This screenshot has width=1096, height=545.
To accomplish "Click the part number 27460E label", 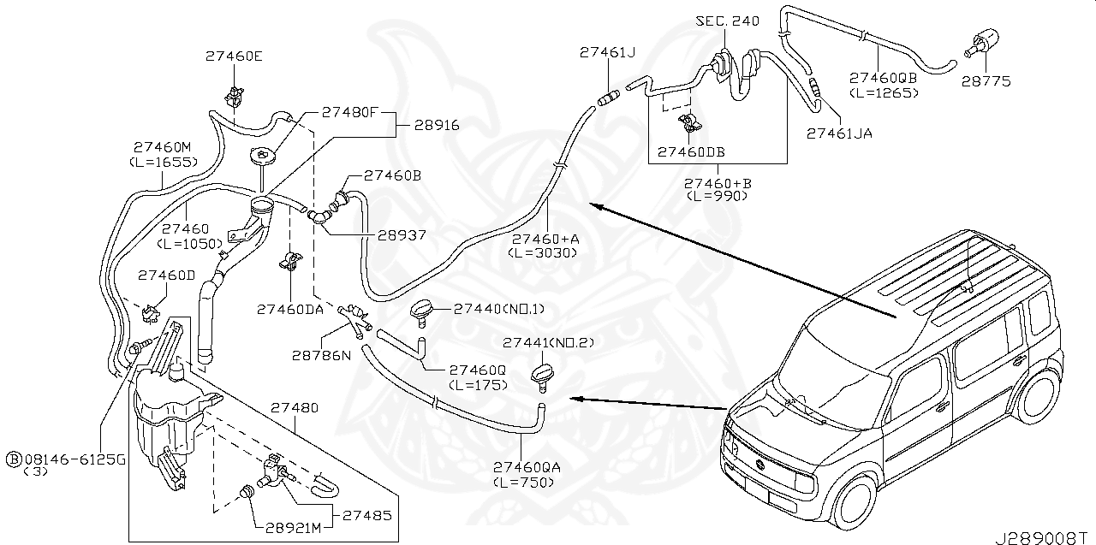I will [234, 56].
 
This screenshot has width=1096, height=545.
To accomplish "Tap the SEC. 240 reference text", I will [727, 21].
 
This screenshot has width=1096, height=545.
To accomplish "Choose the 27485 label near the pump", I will [367, 516].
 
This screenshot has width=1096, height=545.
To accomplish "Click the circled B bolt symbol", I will [13, 459].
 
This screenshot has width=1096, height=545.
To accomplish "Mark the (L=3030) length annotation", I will [543, 252].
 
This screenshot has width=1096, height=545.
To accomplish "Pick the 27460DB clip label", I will [691, 152].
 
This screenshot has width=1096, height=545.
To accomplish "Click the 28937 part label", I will [396, 234].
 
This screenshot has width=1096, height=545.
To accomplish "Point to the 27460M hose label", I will [162, 146].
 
